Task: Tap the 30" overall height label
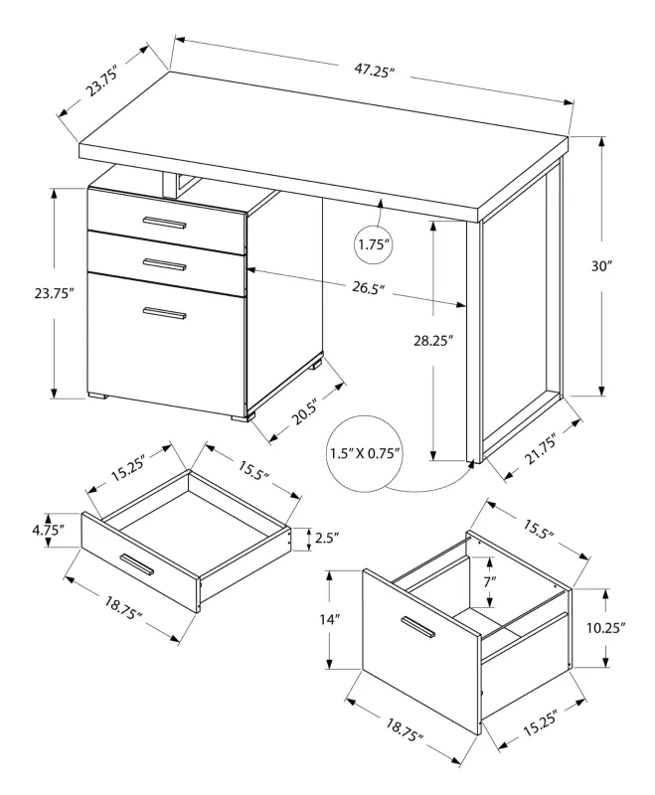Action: point(628,267)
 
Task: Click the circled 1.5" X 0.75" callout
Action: point(366,454)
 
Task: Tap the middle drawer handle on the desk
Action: point(164,264)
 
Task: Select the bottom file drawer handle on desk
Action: point(164,314)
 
